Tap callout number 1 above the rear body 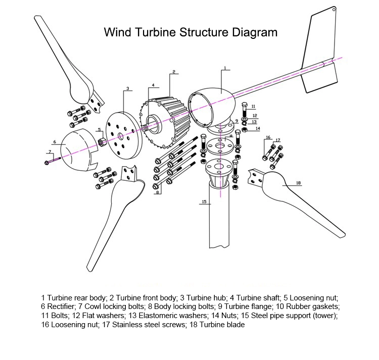point(225,67)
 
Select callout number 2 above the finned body point(174,72)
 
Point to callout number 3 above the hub point(128,88)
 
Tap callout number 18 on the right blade point(298,183)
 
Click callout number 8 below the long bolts point(158,192)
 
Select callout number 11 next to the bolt point(253,107)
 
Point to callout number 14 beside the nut point(257,128)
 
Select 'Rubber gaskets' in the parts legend point(313,306)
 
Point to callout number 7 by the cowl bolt point(50,152)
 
